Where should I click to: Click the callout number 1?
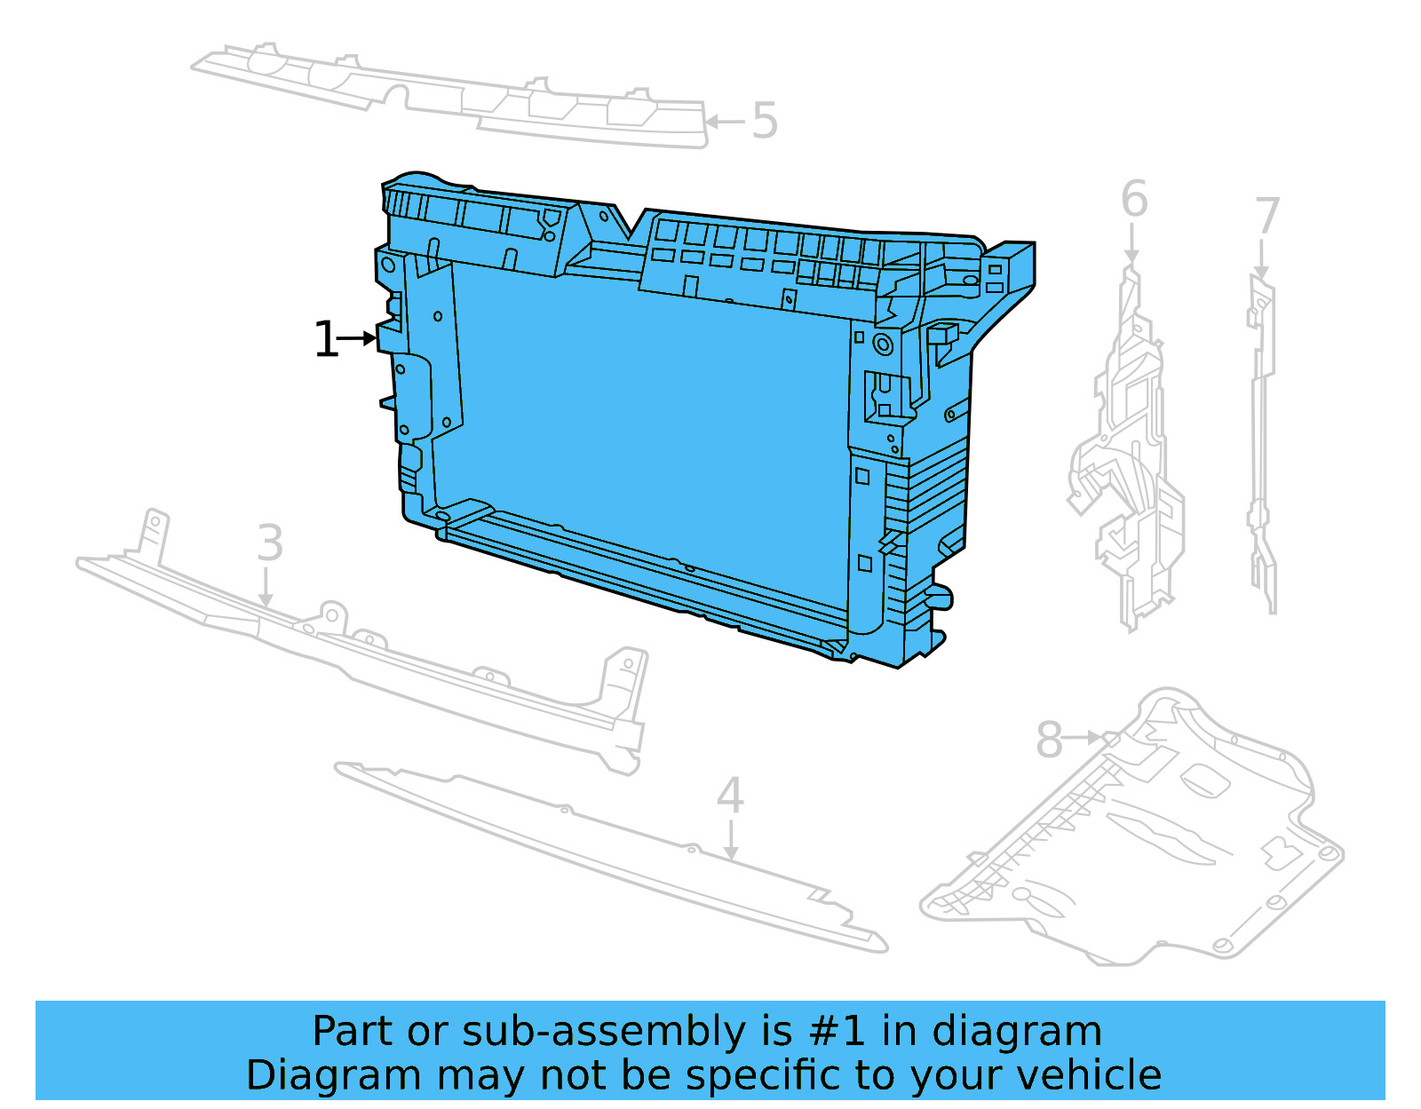pos(326,340)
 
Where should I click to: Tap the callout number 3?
pos(270,543)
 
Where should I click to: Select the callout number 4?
pos(729,796)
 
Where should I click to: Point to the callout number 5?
pos(765,121)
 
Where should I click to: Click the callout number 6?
pos(1134,199)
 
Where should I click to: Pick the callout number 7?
pos(1267,217)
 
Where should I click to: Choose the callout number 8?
pos(1049,740)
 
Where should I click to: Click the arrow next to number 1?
pos(359,338)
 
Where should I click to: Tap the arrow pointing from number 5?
pos(725,122)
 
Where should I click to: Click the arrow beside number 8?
pos(1084,737)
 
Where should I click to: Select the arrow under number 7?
pos(1261,260)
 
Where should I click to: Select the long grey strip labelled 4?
pos(604,852)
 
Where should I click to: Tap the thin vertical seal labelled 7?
pos(1261,444)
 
